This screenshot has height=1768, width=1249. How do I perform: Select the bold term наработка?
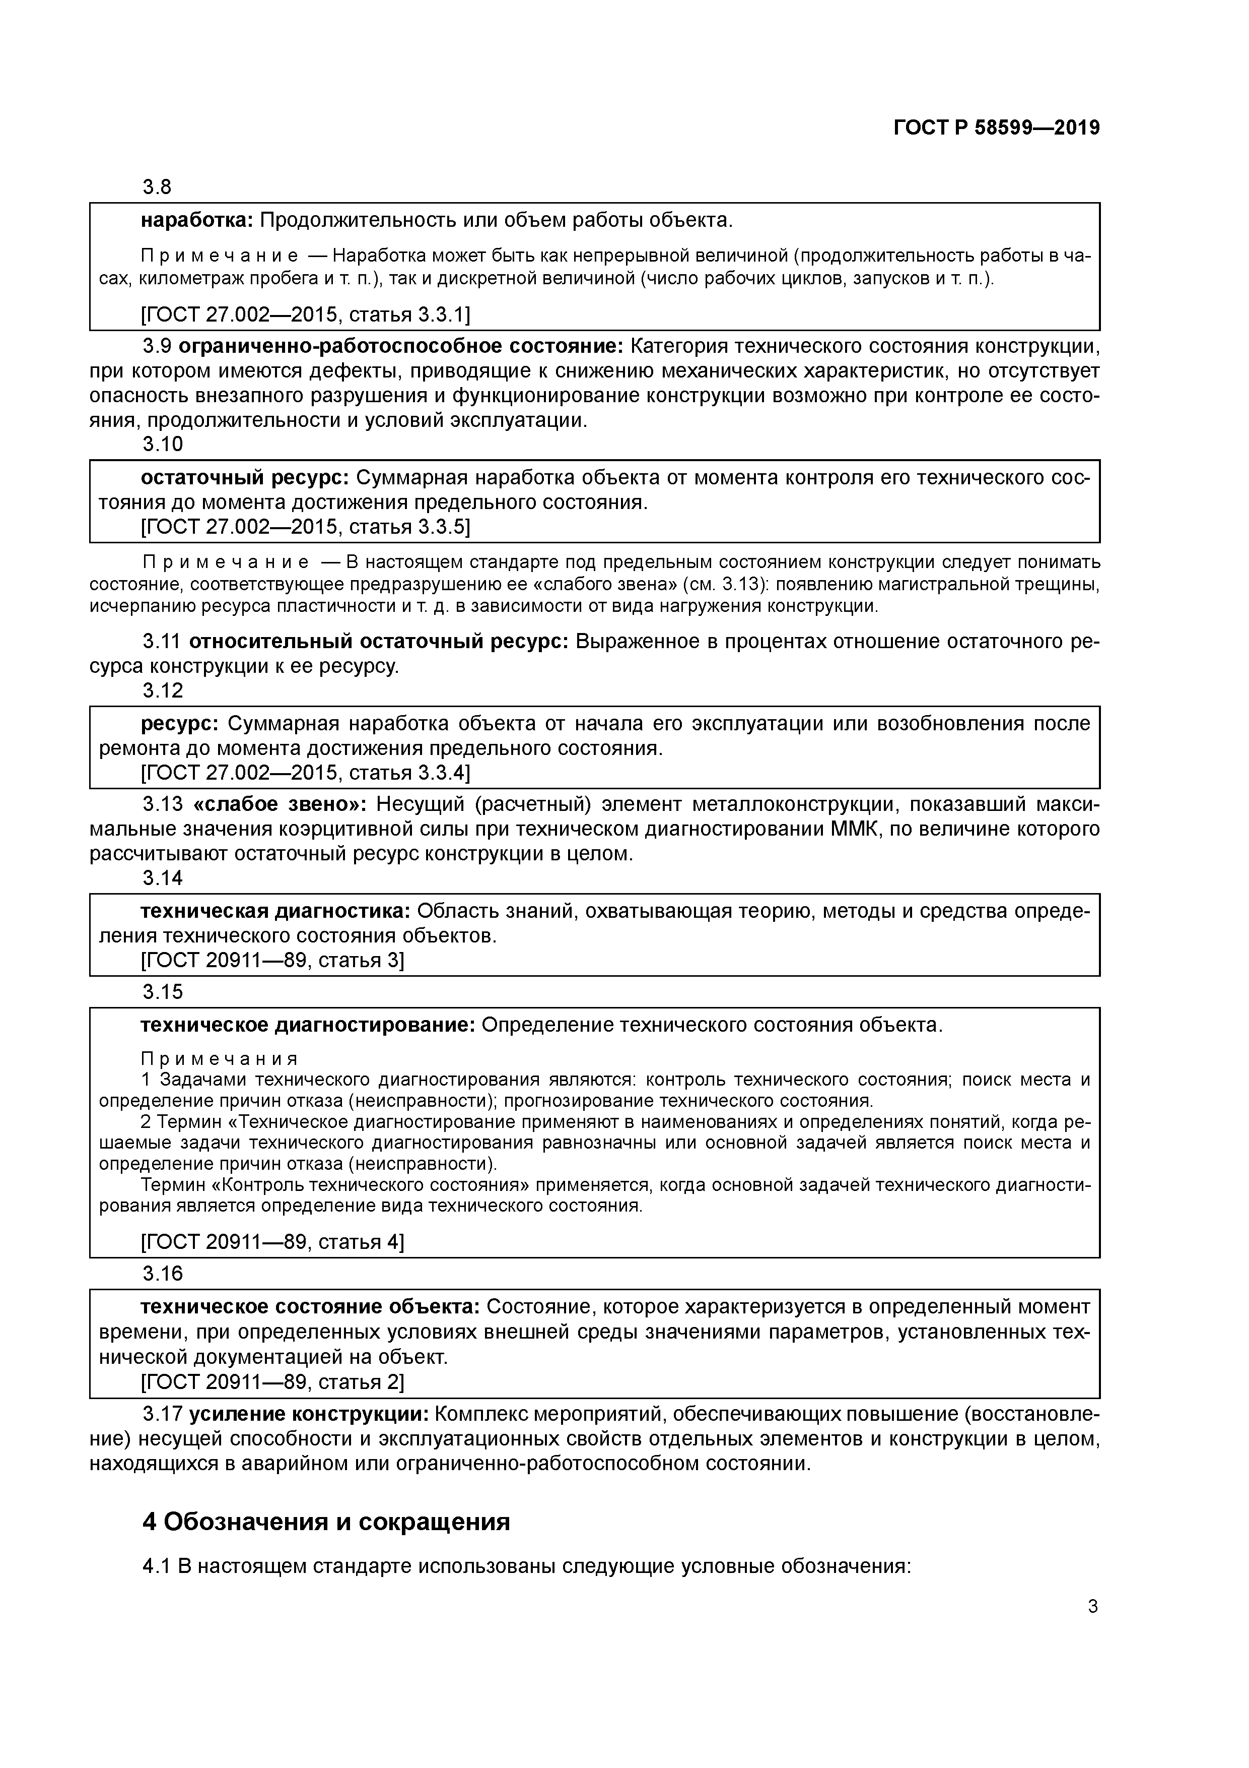click(x=197, y=221)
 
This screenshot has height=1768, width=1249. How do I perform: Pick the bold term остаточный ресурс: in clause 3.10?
click(x=245, y=477)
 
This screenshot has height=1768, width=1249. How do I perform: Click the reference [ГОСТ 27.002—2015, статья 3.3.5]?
click(x=306, y=527)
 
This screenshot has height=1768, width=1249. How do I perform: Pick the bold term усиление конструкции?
click(x=309, y=1415)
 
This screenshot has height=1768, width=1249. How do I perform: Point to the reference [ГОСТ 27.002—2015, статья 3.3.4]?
click(x=306, y=772)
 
